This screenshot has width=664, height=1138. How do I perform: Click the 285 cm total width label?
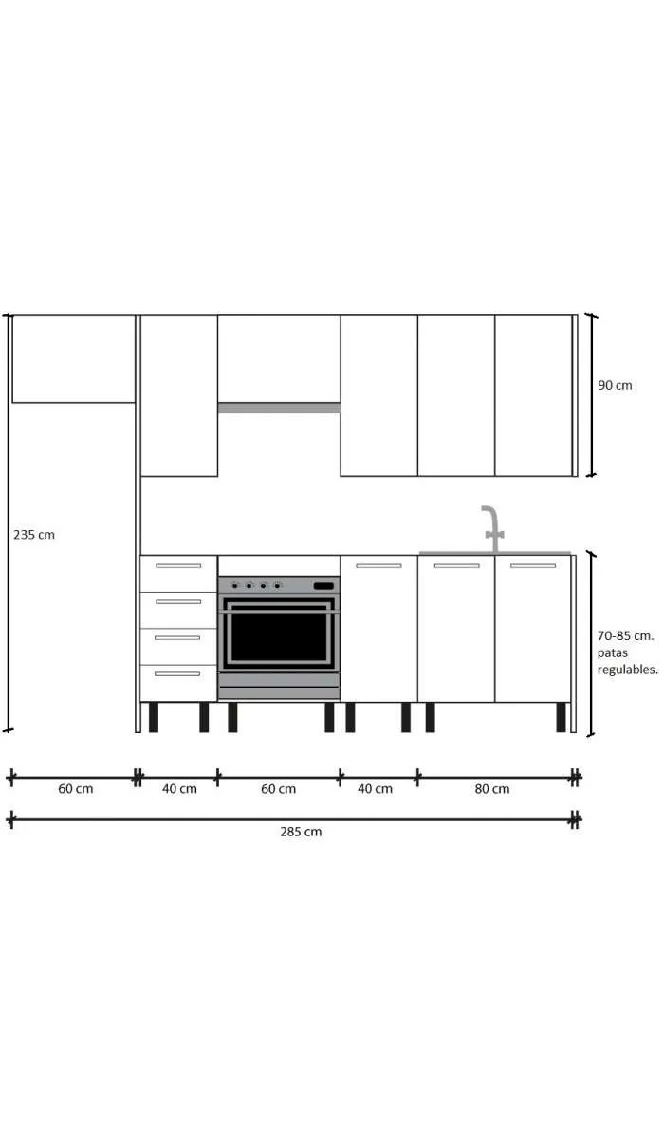pos(300,832)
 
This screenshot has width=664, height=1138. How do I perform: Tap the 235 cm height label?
pos(34,535)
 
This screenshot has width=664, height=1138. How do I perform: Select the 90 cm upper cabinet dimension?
pos(615,386)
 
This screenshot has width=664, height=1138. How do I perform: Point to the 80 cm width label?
pos(491,788)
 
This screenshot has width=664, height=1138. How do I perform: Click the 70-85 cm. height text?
pos(625,635)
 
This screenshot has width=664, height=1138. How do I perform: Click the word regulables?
pos(627,670)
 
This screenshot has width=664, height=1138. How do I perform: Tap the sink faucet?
pos(491,527)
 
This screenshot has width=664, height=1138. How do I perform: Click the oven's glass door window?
pos(279,636)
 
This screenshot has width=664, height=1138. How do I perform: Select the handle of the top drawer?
pos(178,566)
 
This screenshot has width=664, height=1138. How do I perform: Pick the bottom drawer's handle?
pos(178,674)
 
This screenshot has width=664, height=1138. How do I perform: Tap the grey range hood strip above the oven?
pos(279,408)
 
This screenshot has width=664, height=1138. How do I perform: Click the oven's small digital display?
pos(323,586)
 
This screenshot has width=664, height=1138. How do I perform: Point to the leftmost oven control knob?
pos(234,586)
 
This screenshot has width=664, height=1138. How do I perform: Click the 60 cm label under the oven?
pos(279,788)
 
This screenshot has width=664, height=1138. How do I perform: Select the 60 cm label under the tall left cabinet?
pos(75,788)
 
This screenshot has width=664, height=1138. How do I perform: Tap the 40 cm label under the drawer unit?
pos(179,788)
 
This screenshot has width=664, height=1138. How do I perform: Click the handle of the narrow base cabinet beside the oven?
pos(378,566)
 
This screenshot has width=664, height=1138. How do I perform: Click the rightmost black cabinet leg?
pos(562,717)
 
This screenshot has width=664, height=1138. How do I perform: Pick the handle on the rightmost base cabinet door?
pos(533,566)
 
